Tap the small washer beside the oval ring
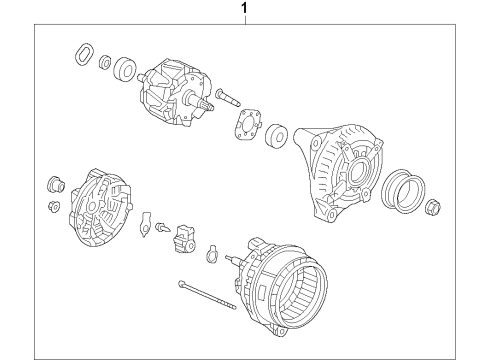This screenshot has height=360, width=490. point(104,65)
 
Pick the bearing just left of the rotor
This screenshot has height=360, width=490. point(125,69)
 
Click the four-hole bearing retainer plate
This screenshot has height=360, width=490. point(246,127)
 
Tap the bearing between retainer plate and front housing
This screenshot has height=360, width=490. point(276,133)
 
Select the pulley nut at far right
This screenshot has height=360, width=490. point(435,208)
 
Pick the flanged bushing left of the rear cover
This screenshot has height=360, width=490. point(57,185)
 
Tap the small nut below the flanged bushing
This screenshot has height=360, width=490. point(54,206)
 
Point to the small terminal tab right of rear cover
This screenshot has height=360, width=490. point(147,221)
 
